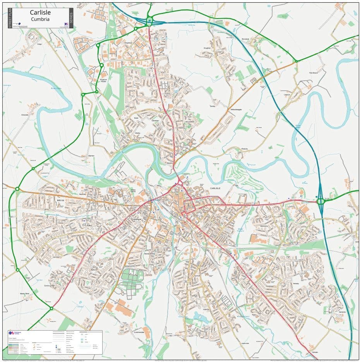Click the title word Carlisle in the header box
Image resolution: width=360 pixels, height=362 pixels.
(40, 12)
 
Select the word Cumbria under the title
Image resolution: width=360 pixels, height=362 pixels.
(40, 19)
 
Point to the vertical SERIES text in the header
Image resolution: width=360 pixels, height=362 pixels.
(71, 18)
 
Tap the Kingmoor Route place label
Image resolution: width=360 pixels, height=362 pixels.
(103, 80)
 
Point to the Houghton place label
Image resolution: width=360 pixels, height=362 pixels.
(207, 48)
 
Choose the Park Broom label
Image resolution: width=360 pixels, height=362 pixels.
(313, 73)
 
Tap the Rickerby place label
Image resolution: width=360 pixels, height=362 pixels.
(244, 148)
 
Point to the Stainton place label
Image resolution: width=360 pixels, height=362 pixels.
(91, 155)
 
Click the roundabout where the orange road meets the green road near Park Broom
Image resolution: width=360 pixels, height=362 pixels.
(296, 61)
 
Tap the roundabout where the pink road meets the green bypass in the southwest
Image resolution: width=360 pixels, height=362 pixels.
(51, 309)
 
